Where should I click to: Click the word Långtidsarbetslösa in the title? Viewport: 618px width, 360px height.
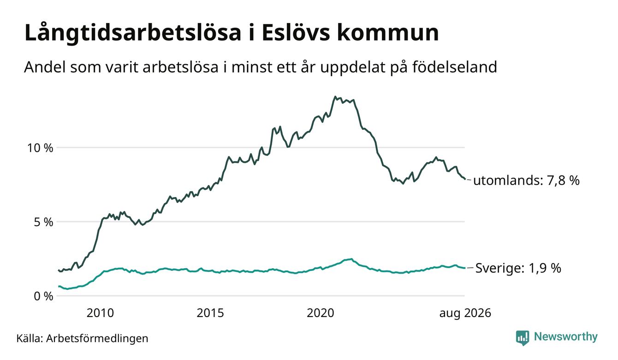pyautogui.click(x=133, y=33)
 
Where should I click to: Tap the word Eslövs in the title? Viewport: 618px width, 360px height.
pyautogui.click(x=296, y=33)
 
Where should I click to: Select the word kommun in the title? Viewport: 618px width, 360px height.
pyautogui.click(x=387, y=33)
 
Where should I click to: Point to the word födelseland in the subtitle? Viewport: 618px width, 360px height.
pyautogui.click(x=455, y=67)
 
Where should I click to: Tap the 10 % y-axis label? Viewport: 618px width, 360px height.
pyautogui.click(x=40, y=148)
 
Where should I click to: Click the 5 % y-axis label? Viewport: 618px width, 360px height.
pyautogui.click(x=44, y=222)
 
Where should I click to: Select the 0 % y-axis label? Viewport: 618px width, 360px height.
pyautogui.click(x=44, y=296)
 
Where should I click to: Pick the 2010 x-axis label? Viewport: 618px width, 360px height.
pyautogui.click(x=100, y=313)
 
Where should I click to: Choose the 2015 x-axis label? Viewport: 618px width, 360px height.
pyautogui.click(x=210, y=313)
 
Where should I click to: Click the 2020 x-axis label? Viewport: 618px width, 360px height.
pyautogui.click(x=321, y=313)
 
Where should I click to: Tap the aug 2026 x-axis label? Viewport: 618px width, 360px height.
pyautogui.click(x=465, y=313)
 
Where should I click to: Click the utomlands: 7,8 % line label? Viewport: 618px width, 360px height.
pyautogui.click(x=526, y=180)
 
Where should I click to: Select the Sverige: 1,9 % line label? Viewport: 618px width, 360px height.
pyautogui.click(x=518, y=268)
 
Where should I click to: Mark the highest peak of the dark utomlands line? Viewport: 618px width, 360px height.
pyautogui.click(x=335, y=96)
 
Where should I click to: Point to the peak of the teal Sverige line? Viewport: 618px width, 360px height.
pyautogui.click(x=351, y=258)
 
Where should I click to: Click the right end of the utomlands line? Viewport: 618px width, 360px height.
pyautogui.click(x=465, y=179)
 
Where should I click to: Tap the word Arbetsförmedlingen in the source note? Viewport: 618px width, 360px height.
pyautogui.click(x=97, y=338)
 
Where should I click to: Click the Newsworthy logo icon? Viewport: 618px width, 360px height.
pyautogui.click(x=523, y=338)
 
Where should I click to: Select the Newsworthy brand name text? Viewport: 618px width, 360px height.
pyautogui.click(x=565, y=337)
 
